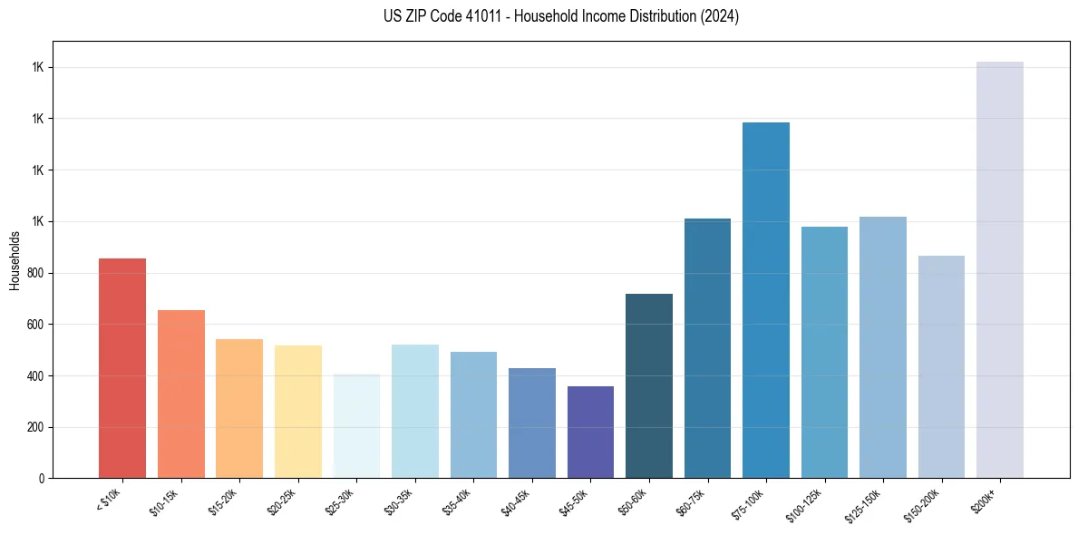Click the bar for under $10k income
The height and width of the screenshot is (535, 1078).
coord(122,368)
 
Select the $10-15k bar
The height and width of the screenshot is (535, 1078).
coord(181,394)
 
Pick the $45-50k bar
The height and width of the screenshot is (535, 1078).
coord(590,432)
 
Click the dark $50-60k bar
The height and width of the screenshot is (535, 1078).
coord(649,385)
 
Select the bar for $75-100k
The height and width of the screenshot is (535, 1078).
coord(766,300)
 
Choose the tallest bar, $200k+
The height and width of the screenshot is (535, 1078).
coord(1000,269)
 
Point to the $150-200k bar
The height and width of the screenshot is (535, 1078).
coord(941,366)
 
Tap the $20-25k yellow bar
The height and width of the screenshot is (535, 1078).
coord(298,412)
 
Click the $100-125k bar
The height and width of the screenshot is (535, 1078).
coord(824,352)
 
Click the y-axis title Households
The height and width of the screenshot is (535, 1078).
coord(15,260)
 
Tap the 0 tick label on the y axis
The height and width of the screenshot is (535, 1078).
coord(42,479)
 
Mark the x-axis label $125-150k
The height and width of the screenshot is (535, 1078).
coord(865,503)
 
